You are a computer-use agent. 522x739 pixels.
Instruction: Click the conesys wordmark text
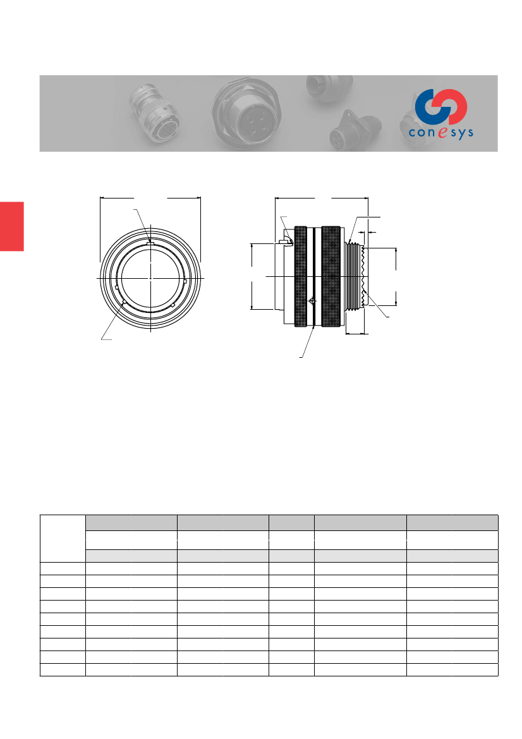point(441,132)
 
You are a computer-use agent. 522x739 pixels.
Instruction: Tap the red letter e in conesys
point(442,132)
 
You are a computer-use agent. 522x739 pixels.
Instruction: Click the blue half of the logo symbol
point(428,106)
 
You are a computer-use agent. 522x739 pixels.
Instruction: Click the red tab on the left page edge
point(12,226)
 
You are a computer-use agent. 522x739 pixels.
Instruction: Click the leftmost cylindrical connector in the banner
point(156,113)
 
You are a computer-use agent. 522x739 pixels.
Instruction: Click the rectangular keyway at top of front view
point(150,243)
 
